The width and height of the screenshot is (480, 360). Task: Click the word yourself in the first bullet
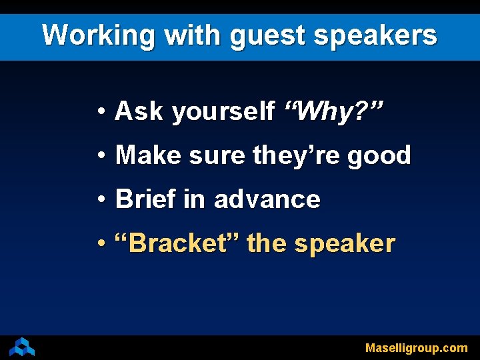pos(223,112)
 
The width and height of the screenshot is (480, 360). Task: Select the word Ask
pos(139,111)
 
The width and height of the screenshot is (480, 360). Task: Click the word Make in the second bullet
pos(149,155)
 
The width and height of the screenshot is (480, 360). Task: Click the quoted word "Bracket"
pos(177,243)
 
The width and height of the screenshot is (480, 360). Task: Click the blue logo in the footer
pos(22,347)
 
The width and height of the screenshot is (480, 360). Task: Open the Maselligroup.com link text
pos(416,348)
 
